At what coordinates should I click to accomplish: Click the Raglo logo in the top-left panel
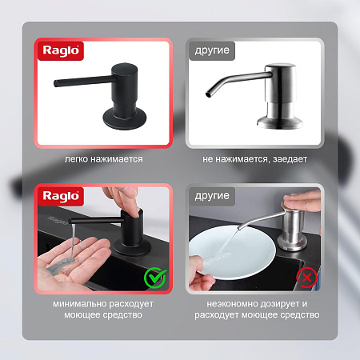(61, 50)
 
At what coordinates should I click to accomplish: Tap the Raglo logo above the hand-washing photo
(61, 196)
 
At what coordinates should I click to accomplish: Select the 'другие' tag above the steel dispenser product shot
(212, 50)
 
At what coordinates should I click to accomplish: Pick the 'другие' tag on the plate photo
(212, 196)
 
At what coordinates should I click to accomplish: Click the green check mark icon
(155, 278)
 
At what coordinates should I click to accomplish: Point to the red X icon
(306, 278)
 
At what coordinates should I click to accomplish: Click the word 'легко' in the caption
(76, 159)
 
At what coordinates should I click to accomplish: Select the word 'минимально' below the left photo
(79, 304)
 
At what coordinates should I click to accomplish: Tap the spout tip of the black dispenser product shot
(56, 83)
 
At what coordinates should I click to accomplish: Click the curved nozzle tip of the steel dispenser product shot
(208, 94)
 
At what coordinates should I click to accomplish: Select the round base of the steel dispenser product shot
(280, 122)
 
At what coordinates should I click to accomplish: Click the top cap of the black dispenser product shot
(125, 67)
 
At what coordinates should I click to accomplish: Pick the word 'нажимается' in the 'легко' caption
(117, 159)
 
